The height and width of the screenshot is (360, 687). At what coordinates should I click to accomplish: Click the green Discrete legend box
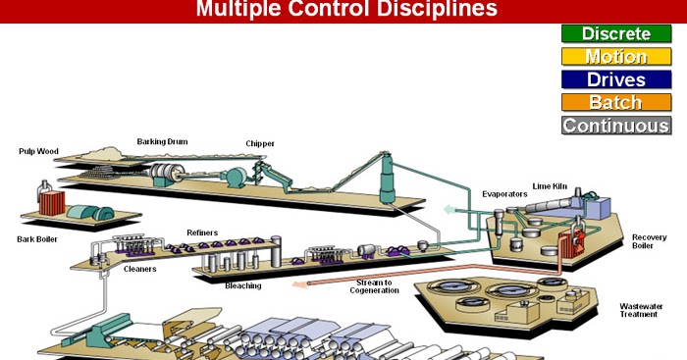click(616, 33)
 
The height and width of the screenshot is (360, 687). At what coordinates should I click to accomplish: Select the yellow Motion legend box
click(616, 57)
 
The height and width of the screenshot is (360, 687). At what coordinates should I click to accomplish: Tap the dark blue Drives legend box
click(616, 79)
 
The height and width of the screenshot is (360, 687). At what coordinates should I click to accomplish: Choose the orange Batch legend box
click(616, 102)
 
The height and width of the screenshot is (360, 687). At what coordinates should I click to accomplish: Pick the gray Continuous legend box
click(616, 126)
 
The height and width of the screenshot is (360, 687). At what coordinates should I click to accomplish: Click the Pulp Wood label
click(38, 151)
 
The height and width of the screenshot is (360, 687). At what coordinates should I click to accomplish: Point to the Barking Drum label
click(162, 142)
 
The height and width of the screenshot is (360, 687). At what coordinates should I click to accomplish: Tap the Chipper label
click(260, 143)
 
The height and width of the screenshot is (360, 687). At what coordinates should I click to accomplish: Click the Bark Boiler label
click(37, 239)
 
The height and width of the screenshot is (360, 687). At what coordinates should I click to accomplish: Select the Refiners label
click(202, 233)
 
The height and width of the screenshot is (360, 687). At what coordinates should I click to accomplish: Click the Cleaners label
click(139, 270)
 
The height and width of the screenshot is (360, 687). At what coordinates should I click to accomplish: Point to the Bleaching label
click(243, 286)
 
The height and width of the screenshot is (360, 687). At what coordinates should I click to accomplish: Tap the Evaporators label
click(504, 194)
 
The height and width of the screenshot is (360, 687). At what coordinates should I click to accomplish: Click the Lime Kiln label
click(550, 186)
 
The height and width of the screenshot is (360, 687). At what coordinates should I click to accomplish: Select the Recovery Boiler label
click(650, 241)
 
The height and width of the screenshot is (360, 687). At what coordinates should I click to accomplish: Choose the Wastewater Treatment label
click(641, 311)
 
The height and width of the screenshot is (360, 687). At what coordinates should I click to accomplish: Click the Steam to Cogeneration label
click(374, 286)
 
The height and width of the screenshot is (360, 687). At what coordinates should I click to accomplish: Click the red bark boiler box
click(52, 203)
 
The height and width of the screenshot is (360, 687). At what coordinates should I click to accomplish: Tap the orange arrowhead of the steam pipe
click(299, 284)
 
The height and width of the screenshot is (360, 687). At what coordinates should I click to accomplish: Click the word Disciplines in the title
click(438, 8)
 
